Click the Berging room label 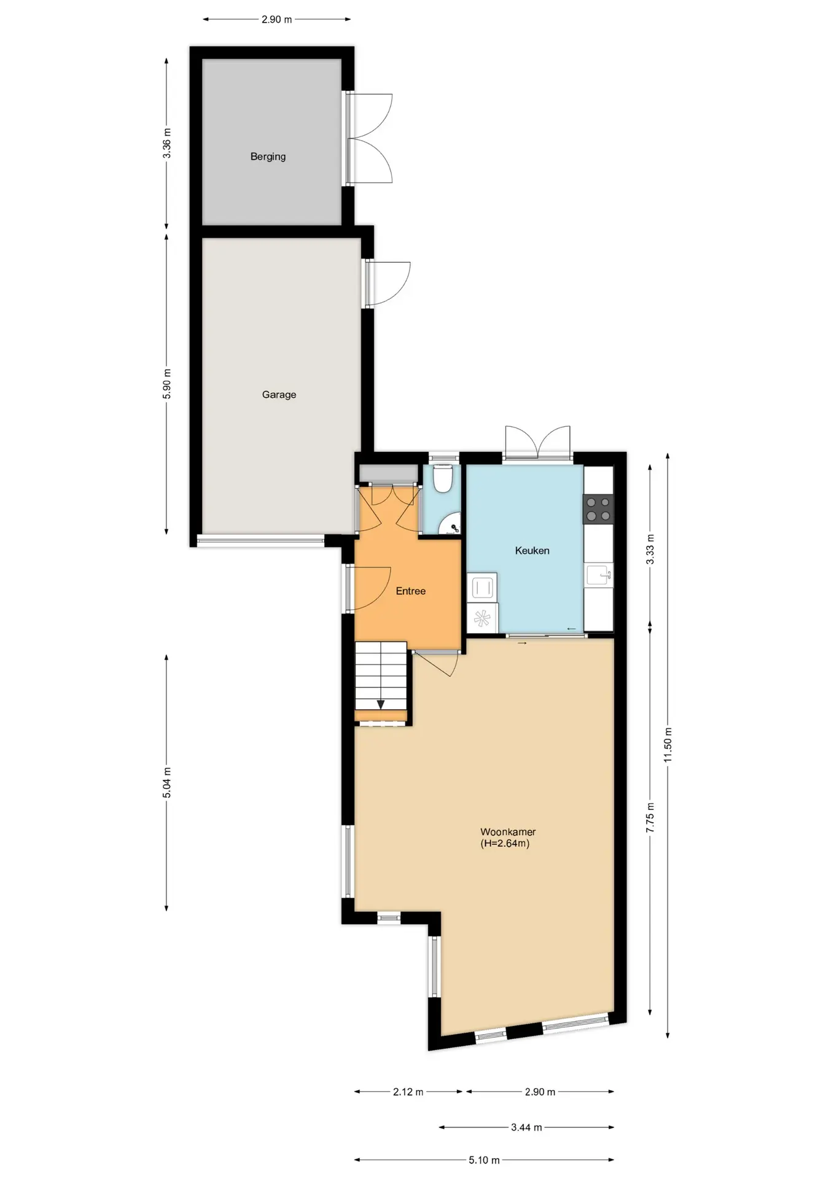(x=268, y=157)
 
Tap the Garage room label (x=279, y=395)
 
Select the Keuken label (x=532, y=551)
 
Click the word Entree (x=410, y=591)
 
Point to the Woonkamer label (x=508, y=832)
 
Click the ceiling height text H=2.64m (x=505, y=844)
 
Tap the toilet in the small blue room (x=443, y=478)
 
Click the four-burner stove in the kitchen (x=598, y=509)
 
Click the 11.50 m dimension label (x=668, y=745)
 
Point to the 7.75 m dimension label (x=650, y=817)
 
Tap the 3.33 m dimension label (x=650, y=550)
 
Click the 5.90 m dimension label (x=167, y=384)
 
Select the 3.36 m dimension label (x=167, y=143)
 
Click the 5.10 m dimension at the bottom (x=485, y=1160)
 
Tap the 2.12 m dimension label (x=408, y=1092)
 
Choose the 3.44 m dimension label (x=526, y=1127)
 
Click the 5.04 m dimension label (x=167, y=783)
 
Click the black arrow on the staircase (x=381, y=704)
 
